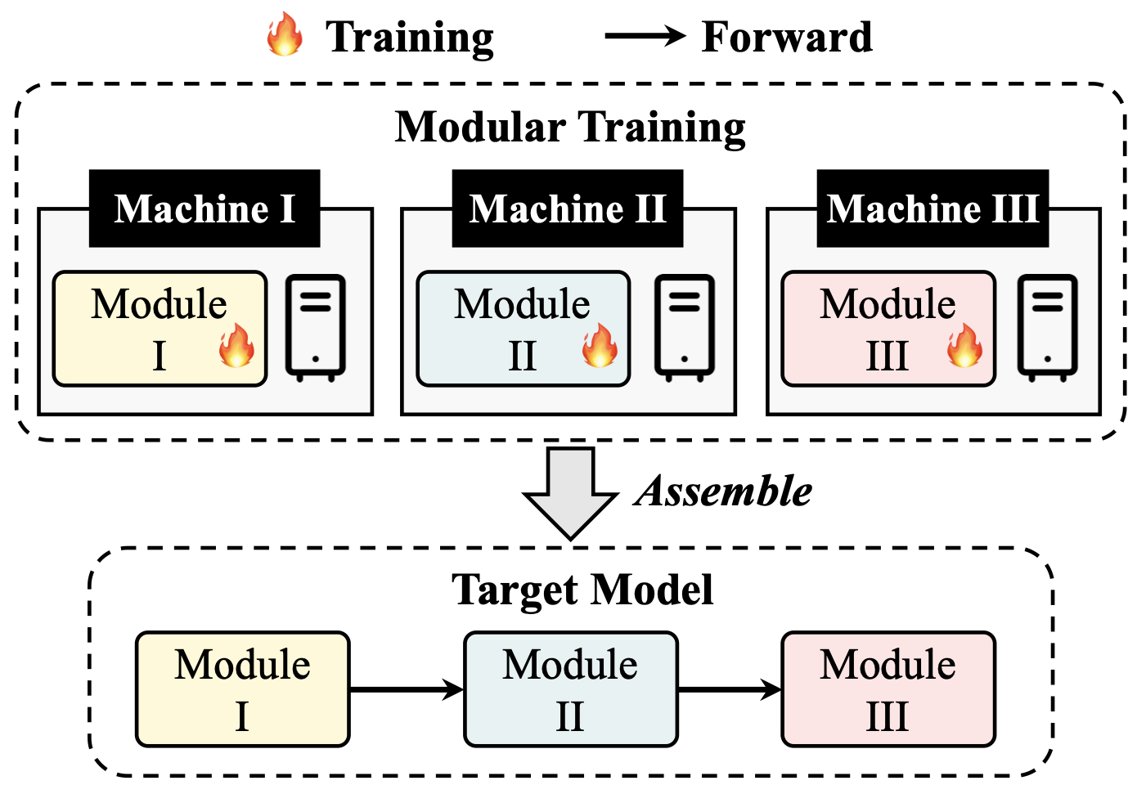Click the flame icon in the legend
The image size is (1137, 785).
[x=285, y=34]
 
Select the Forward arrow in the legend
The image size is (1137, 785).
[x=645, y=35]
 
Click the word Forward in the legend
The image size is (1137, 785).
[x=787, y=37]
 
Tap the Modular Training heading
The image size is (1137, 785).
[x=570, y=128]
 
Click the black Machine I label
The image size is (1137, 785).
[x=204, y=209]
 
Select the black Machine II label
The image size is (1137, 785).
[x=568, y=209]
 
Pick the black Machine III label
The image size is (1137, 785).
[x=933, y=209]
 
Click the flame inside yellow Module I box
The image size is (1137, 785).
[x=236, y=345]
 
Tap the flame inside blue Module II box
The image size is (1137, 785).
[x=600, y=345]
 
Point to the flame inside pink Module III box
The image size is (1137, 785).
[x=964, y=345]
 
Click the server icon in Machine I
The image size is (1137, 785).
[x=316, y=328]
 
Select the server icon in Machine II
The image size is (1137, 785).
[x=685, y=328]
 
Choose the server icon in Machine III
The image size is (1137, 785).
[x=1048, y=328]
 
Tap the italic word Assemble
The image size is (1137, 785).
[x=723, y=491]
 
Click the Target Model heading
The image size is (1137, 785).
[x=582, y=590]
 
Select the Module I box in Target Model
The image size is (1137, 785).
[x=243, y=689]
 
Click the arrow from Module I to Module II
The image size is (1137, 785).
[x=407, y=689]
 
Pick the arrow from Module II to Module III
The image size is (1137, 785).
[x=730, y=689]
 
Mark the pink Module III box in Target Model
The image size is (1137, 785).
[x=888, y=689]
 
